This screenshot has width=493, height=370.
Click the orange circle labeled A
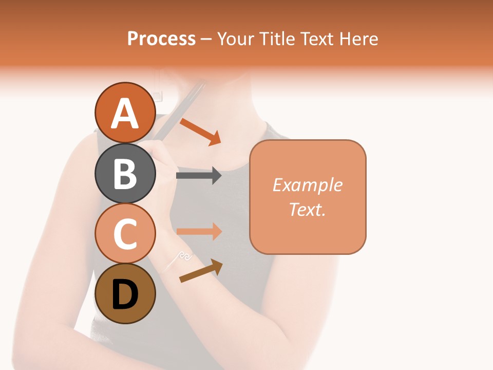click(125, 113)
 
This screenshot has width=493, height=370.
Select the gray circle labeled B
click(125, 173)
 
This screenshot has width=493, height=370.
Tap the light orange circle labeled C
click(125, 233)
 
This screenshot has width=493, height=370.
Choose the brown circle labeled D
click(125, 293)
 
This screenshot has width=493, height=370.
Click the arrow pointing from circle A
click(200, 132)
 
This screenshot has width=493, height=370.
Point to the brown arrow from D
click(201, 271)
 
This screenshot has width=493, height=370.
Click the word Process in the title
click(161, 39)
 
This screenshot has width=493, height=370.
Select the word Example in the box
click(308, 185)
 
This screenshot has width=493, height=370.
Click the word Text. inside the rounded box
click(308, 209)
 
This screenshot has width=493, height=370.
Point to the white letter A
click(125, 113)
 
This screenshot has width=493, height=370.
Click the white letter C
click(125, 234)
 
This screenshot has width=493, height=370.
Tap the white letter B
click(125, 174)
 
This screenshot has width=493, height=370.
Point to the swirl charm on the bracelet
click(185, 255)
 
